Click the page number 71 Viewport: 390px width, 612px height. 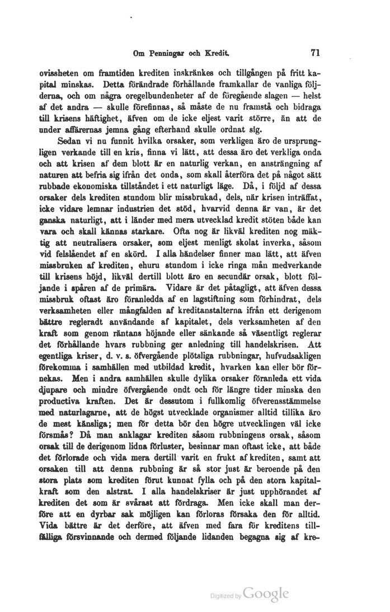pos(313,54)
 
